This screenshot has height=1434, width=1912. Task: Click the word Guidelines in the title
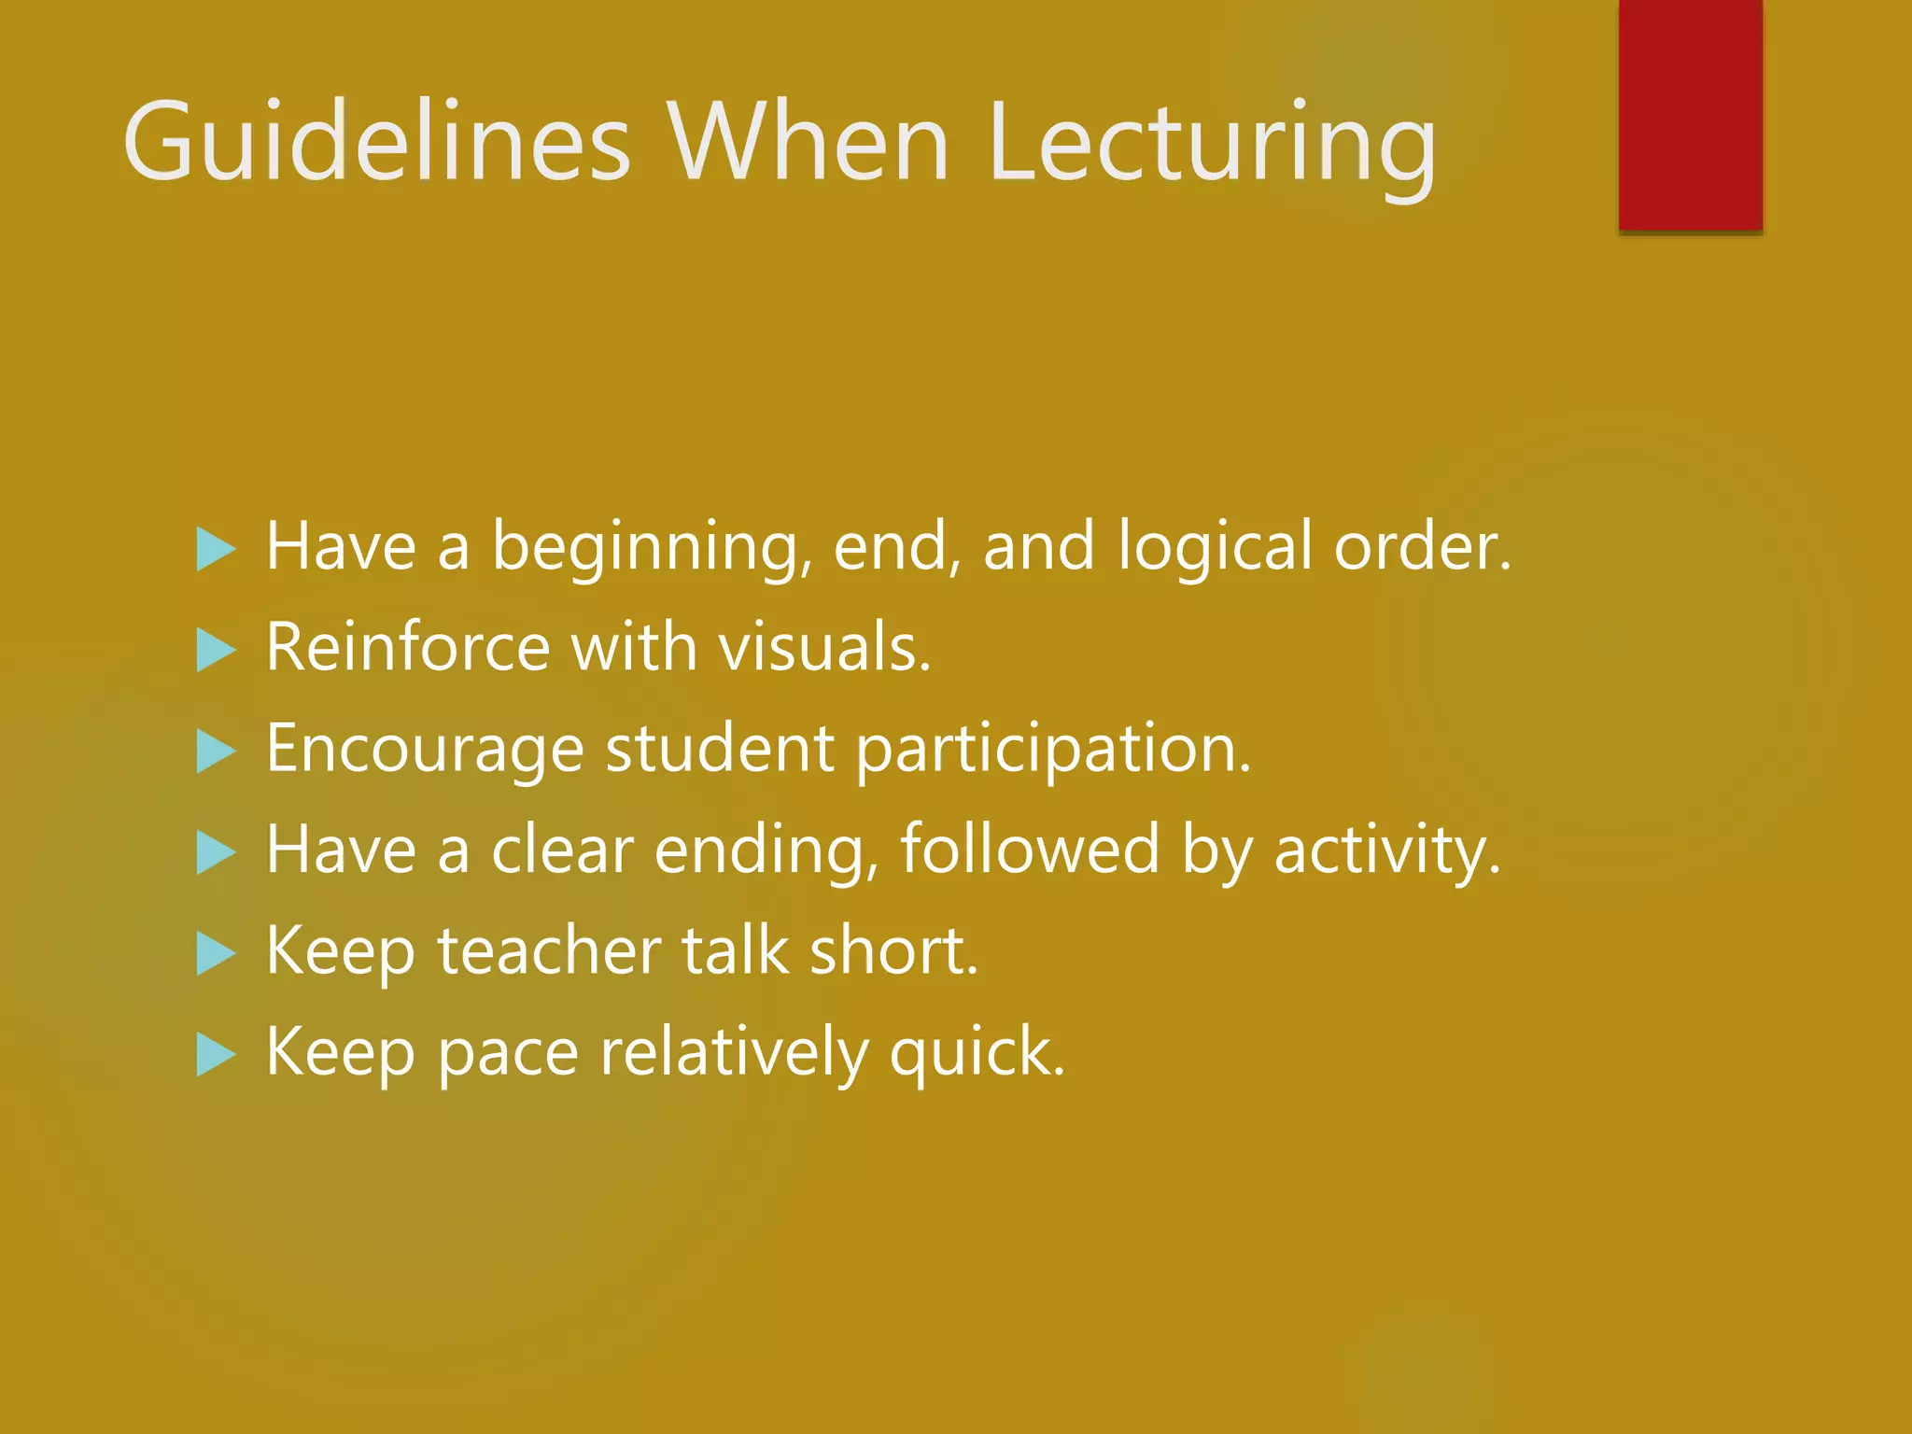pyautogui.click(x=377, y=143)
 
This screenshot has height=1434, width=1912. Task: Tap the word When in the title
pyautogui.click(x=807, y=143)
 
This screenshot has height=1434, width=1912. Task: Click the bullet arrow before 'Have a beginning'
pyautogui.click(x=216, y=549)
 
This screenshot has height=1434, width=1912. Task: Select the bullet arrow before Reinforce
pyautogui.click(x=216, y=650)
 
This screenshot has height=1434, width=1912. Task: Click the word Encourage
pyautogui.click(x=425, y=750)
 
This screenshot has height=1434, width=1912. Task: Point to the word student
pyautogui.click(x=719, y=750)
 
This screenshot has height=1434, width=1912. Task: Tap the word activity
pyautogui.click(x=1386, y=851)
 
